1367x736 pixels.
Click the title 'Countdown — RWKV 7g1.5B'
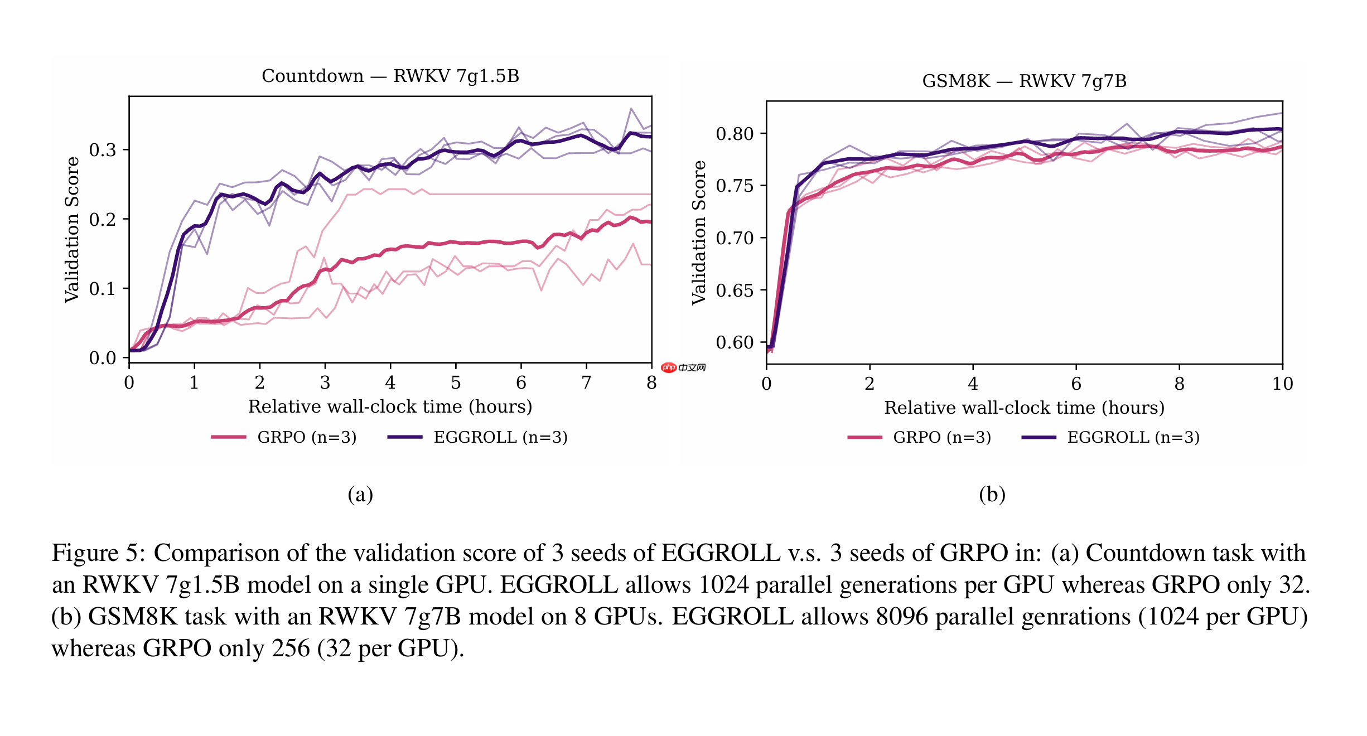pos(390,76)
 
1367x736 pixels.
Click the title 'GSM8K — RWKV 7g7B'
pos(1024,81)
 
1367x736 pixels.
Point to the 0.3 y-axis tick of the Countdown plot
pos(103,149)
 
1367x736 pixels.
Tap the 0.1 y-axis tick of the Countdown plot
pos(103,288)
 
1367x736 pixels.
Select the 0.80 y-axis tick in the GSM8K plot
pos(735,134)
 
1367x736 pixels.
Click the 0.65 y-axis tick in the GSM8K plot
pos(735,290)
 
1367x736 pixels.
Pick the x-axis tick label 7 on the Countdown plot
pos(586,382)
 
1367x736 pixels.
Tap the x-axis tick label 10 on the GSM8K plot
pos(1282,384)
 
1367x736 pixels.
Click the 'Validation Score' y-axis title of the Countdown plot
pos(72,230)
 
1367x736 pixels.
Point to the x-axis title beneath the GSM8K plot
pos(1024,408)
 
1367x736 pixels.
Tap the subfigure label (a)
pos(360,494)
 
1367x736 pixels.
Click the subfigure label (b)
pos(992,494)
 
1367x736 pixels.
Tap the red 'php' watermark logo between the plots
pos(669,367)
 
